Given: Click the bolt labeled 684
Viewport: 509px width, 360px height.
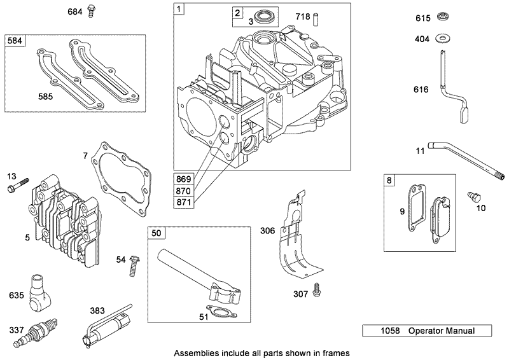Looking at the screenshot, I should (x=92, y=11).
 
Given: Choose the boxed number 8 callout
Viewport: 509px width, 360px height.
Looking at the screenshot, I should (x=390, y=181).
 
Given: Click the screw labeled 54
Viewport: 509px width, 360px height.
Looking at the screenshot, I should (x=134, y=265).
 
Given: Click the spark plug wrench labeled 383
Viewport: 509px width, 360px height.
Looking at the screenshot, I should (x=108, y=326).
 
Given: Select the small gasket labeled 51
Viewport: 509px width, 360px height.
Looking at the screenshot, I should (x=221, y=314).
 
